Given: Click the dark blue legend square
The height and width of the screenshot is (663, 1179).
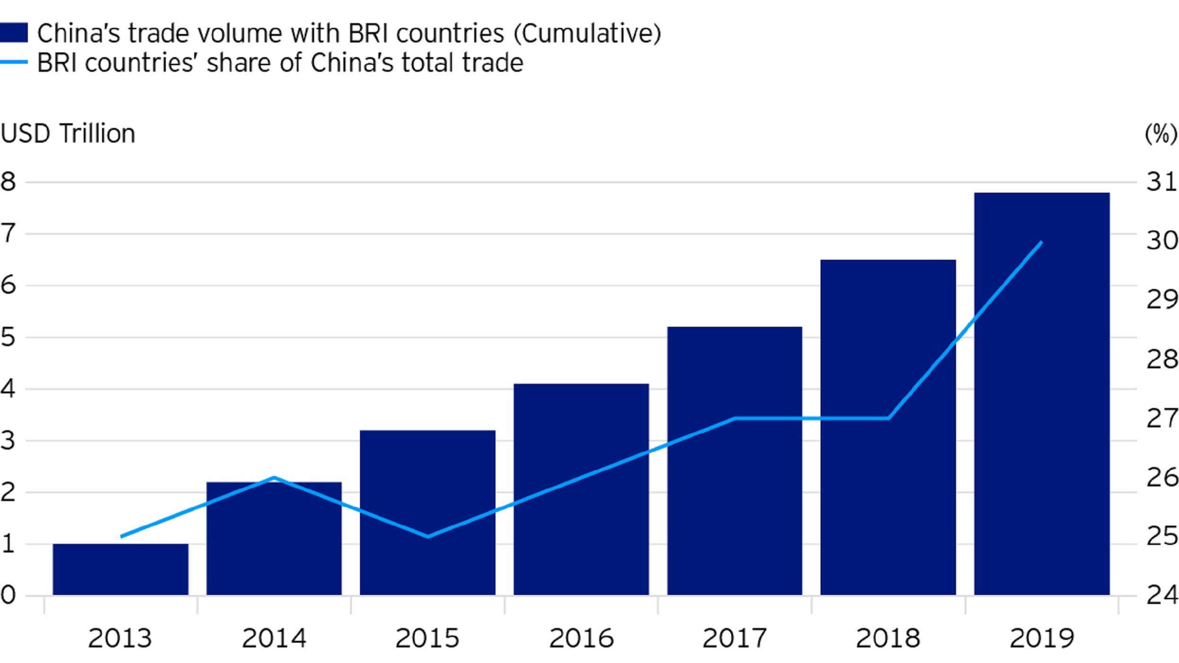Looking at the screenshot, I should (13, 33).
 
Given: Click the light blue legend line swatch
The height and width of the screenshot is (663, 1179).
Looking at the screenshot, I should (13, 62).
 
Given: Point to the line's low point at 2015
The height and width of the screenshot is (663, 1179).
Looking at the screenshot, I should (428, 536).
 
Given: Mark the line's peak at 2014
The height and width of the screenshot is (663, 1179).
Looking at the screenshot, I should (274, 477).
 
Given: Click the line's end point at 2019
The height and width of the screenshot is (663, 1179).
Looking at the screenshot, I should (1042, 242).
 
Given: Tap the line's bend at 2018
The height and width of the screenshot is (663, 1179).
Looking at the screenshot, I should (889, 418).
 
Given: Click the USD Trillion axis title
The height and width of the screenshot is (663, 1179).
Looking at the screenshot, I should (68, 134).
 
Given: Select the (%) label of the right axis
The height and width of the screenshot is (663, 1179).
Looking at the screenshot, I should (1161, 134).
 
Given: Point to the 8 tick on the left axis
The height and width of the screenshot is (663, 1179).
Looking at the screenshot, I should (8, 182).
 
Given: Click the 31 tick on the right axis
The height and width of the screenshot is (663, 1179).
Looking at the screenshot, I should (1162, 182).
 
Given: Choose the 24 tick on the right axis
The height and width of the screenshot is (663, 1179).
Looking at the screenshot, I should (1162, 595).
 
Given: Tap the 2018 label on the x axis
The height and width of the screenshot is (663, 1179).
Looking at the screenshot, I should (888, 638).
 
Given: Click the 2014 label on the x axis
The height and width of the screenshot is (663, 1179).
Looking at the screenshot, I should (274, 638).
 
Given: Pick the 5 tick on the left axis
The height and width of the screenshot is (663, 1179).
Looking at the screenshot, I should (8, 337).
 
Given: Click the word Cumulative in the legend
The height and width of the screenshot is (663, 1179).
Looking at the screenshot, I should (587, 34).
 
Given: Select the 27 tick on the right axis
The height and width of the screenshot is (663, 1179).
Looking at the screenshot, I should (1162, 418).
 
